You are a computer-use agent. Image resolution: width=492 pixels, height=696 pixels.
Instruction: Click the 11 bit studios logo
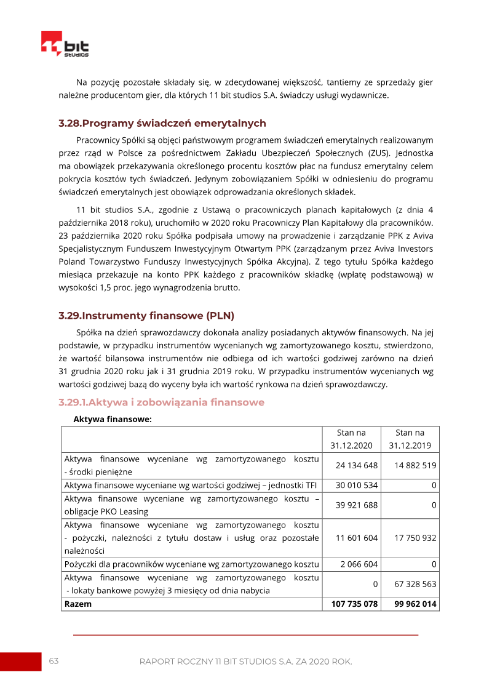(x=65, y=44)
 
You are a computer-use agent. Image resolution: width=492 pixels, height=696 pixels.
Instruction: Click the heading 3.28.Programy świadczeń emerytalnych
(x=162, y=123)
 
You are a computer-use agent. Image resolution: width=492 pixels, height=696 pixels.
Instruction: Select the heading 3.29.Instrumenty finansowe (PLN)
(x=146, y=316)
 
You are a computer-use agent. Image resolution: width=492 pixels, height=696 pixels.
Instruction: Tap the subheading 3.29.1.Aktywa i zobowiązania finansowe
(x=161, y=402)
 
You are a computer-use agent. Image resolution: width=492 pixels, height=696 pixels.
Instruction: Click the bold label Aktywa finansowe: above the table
(x=113, y=420)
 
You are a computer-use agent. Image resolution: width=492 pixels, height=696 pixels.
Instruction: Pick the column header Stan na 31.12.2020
(x=351, y=439)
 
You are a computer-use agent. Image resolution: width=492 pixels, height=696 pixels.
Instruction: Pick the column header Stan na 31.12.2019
(x=410, y=439)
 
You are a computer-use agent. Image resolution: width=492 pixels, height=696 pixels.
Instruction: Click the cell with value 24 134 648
(x=357, y=465)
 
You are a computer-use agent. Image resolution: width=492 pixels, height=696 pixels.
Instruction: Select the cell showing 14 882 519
(x=416, y=465)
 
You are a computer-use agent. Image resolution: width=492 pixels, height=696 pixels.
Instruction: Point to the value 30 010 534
(x=357, y=486)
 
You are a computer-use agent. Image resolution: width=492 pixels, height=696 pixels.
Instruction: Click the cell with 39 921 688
(x=357, y=505)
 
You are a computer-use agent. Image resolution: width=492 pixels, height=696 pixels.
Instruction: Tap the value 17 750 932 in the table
(x=416, y=538)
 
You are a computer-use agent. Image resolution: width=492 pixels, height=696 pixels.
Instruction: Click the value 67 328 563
(x=416, y=584)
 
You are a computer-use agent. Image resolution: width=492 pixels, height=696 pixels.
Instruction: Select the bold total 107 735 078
(x=354, y=604)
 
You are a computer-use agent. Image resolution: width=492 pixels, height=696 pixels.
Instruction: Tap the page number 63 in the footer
(x=54, y=662)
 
